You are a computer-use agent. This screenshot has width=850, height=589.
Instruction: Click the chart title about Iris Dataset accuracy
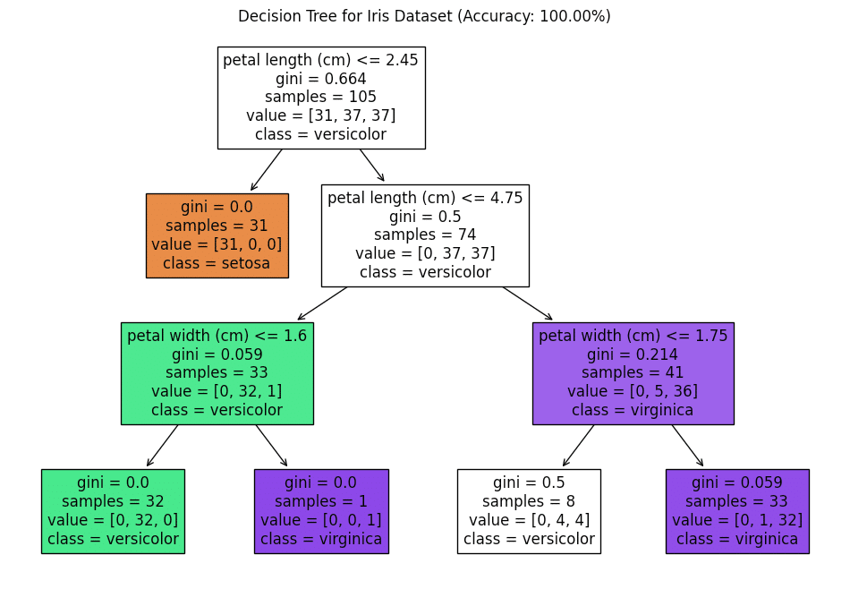coord(424,16)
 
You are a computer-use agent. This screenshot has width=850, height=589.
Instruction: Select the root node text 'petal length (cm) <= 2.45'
coord(321,60)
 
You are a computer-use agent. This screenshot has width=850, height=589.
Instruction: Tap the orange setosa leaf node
coord(217,235)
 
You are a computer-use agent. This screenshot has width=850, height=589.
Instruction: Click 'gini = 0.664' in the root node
coord(321,79)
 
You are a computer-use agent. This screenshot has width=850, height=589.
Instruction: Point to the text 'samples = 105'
coord(321,97)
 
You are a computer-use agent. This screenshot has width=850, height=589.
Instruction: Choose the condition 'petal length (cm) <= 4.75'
coord(425,198)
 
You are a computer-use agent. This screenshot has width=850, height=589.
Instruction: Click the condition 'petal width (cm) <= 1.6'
coord(217,336)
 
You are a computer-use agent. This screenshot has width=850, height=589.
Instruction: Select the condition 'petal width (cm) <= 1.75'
coord(633,336)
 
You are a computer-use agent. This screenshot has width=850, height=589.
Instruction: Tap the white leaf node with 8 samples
coord(529,511)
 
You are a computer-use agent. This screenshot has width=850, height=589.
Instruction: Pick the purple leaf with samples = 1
coord(321,511)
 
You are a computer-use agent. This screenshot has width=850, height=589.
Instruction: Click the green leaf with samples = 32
coord(113,511)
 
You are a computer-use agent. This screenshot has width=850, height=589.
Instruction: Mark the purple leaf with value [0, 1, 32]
coord(737,511)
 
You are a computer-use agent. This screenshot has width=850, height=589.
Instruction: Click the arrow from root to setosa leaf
coord(267,170)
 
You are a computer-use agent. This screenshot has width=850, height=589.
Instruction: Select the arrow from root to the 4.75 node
coord(372,166)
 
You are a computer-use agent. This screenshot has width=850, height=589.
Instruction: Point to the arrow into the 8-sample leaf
coord(578,446)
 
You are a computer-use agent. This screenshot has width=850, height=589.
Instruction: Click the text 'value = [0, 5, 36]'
coord(633,391)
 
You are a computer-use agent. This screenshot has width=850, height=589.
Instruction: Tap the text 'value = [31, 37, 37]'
coord(321,115)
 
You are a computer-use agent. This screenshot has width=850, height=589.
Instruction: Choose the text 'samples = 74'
coord(425,235)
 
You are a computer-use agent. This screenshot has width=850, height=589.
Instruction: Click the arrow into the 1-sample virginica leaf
coord(271,446)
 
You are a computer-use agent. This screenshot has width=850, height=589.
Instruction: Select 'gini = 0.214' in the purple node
coord(633,354)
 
